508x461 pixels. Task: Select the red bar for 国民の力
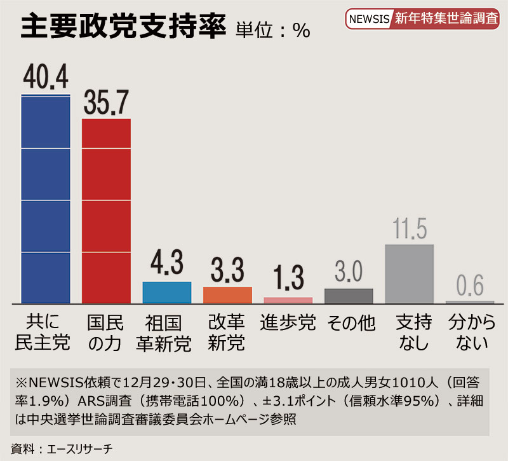(106, 210)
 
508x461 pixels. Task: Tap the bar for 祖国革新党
(166, 292)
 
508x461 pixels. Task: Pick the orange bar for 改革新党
(227, 295)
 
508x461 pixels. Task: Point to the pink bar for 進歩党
(288, 300)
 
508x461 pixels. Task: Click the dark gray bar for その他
(349, 296)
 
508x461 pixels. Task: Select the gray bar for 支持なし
(409, 273)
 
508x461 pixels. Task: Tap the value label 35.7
(106, 101)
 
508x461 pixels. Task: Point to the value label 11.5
(409, 229)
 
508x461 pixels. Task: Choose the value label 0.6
(470, 287)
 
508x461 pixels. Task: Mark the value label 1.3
(288, 279)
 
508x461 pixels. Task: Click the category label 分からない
(471, 332)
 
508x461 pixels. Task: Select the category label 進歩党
(288, 322)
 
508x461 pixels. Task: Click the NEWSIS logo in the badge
(369, 18)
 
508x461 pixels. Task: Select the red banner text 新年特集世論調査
(446, 18)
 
